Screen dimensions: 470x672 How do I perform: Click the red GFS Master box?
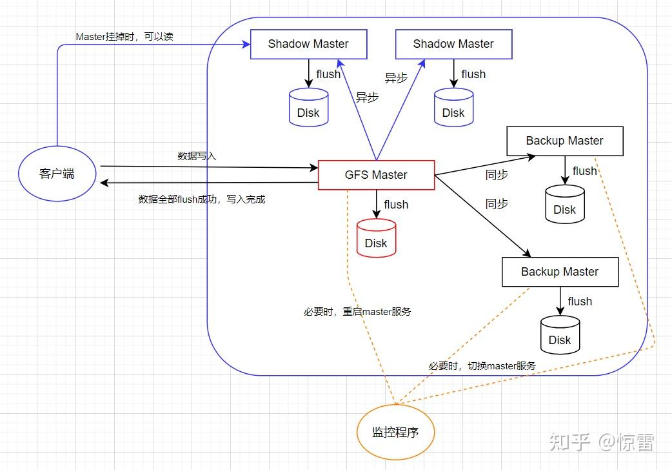point(376,175)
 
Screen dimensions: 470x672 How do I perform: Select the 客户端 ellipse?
point(57,174)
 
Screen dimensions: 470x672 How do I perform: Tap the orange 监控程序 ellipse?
point(395,432)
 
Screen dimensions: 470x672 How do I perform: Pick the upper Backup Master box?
point(564,141)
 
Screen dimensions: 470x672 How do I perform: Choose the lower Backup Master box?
point(560,272)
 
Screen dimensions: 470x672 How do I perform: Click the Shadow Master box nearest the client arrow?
point(308,44)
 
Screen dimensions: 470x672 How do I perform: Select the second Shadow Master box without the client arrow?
point(453,44)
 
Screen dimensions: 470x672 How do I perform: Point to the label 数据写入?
point(197,156)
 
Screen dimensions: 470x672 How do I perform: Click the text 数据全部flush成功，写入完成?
point(202,199)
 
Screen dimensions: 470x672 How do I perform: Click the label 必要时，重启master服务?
point(357,312)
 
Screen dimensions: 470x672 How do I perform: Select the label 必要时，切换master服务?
point(482,365)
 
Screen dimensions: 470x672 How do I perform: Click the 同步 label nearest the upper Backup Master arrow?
point(497,174)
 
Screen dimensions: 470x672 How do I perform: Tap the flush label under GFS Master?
point(396,205)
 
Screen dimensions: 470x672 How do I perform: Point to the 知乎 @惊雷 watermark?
point(601,442)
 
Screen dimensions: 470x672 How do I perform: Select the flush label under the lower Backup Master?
point(580,301)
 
